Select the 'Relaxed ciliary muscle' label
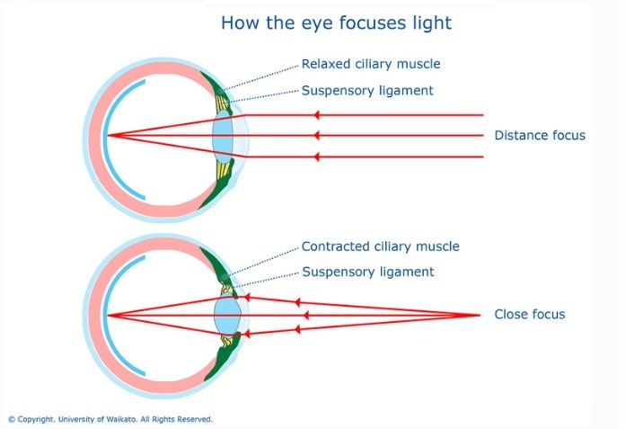371,64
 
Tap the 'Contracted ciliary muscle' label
380,246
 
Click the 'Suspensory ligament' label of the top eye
367,90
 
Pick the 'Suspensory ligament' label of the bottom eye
367,272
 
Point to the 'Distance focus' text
540,136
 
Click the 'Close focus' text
529,315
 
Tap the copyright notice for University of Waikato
110,419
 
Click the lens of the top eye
224,137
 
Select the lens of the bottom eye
226,316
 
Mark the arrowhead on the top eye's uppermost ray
316,115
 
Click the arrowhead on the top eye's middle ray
316,136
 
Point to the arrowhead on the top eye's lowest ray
316,156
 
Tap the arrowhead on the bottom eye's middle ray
307,315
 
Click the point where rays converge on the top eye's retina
107,137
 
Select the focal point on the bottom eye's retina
107,316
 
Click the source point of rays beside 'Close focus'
478,315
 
